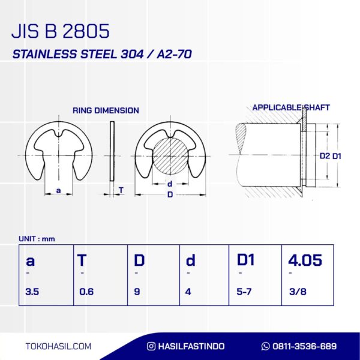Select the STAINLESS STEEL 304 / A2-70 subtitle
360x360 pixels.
click(x=102, y=55)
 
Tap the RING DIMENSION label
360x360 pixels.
click(x=106, y=110)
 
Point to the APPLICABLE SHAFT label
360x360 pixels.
click(x=291, y=108)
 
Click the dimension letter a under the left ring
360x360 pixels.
click(x=58, y=190)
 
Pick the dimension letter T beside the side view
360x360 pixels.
click(x=121, y=190)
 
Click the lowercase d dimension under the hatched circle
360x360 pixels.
click(x=170, y=184)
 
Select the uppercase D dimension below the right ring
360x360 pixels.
click(x=170, y=195)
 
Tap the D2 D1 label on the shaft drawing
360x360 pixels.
click(x=331, y=156)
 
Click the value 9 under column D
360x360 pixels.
click(x=136, y=292)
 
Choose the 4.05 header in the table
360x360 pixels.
click(x=305, y=260)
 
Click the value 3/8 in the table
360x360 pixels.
click(x=296, y=292)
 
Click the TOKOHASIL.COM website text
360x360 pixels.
click(x=59, y=346)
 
